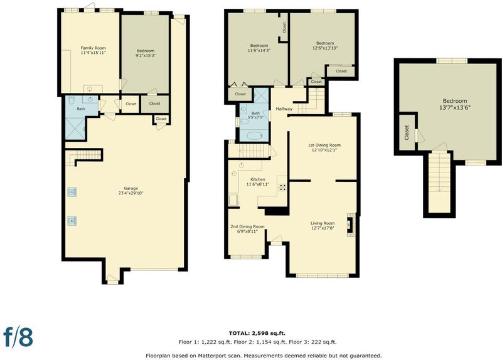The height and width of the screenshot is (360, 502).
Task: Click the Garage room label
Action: click(131, 191)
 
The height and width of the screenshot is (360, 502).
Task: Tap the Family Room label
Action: click(93, 50)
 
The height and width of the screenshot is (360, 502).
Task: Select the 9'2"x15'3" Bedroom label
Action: click(146, 53)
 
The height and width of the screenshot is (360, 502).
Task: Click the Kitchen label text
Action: click(258, 182)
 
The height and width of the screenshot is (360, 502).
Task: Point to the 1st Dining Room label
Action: click(324, 147)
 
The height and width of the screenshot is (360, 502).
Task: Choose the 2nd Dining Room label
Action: click(247, 229)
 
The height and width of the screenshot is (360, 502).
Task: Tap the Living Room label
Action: click(323, 226)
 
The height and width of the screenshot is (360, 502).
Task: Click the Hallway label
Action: click(284, 109)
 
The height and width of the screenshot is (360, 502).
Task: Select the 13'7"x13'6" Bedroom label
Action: click(454, 104)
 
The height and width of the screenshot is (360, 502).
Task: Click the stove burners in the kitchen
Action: click(282, 187)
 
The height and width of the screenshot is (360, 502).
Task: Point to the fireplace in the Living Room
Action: click(351, 225)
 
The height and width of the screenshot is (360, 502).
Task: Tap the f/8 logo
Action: click(18, 337)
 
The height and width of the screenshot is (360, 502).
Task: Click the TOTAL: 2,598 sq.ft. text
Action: click(257, 333)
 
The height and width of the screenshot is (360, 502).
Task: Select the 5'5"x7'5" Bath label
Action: click(255, 115)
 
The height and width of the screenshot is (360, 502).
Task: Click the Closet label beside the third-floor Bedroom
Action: click(407, 132)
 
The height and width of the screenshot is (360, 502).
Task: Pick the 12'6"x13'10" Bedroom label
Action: click(325, 45)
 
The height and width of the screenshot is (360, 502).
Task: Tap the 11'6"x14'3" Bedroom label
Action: click(259, 48)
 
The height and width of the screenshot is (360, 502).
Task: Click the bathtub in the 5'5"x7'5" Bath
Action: click(255, 136)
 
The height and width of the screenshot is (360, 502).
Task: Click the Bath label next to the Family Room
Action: click(81, 109)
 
